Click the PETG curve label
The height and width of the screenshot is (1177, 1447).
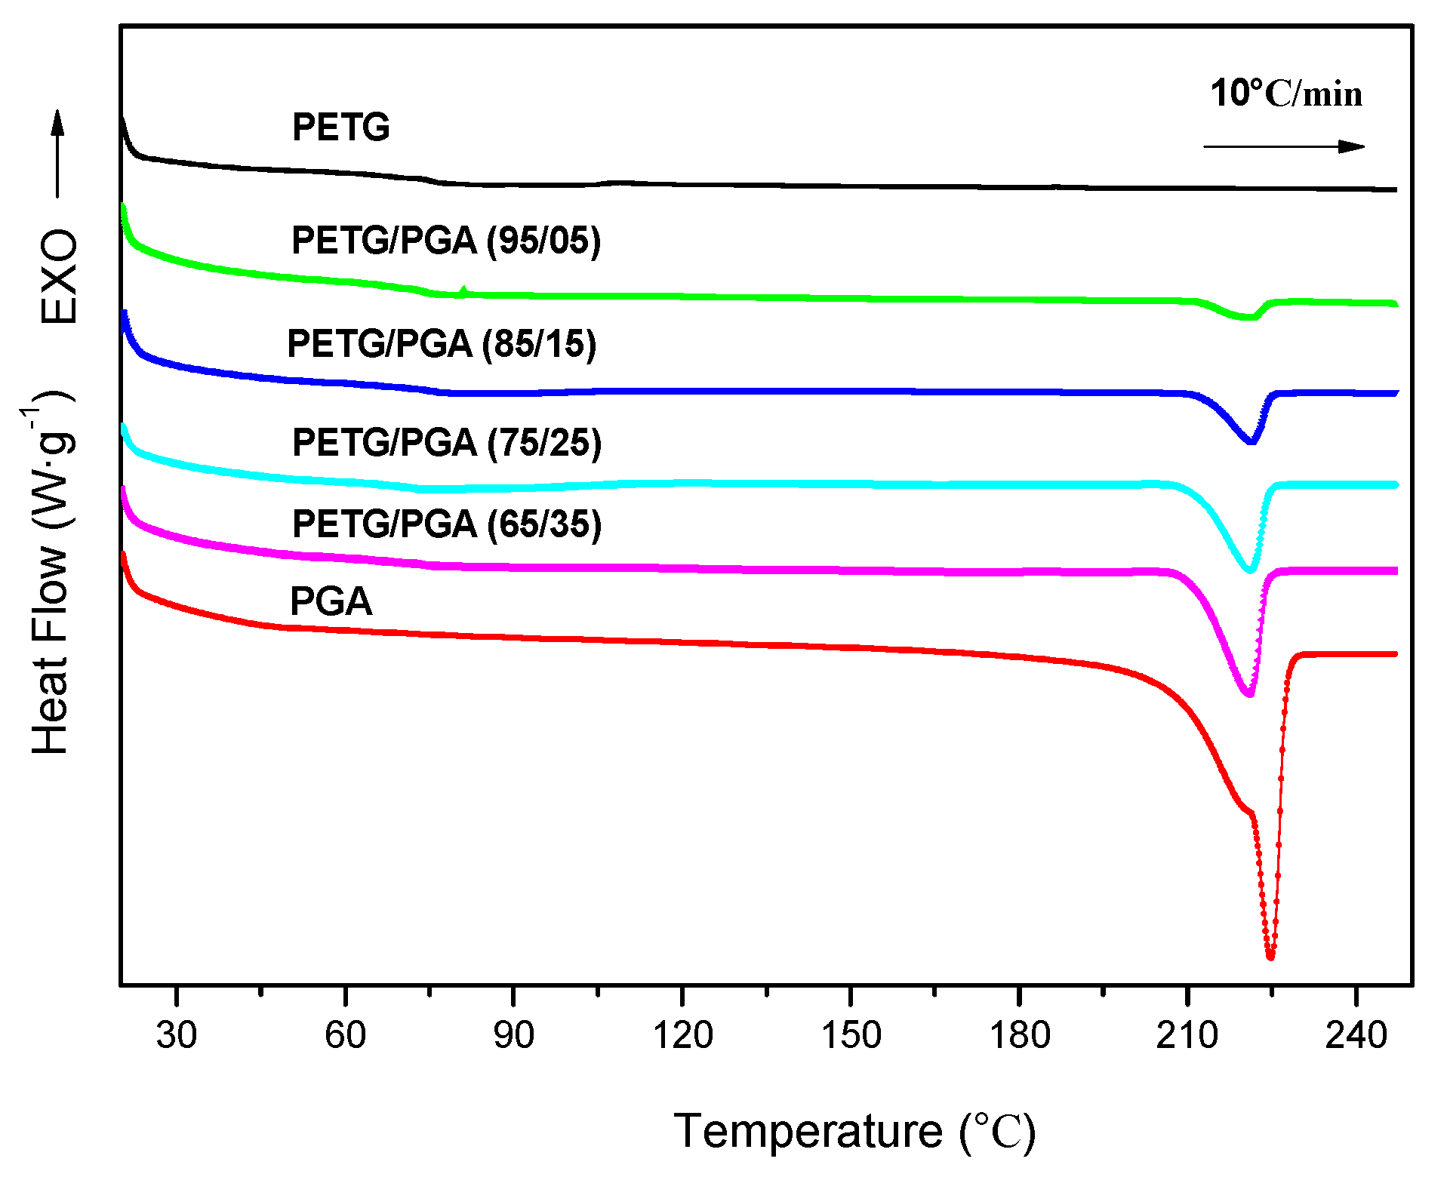(x=340, y=127)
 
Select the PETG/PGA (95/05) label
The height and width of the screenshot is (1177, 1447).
(x=445, y=241)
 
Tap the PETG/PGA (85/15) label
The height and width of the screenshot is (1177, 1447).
(x=442, y=344)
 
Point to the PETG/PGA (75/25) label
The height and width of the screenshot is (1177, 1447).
(x=446, y=442)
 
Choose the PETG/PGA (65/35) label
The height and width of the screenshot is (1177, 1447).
(x=446, y=524)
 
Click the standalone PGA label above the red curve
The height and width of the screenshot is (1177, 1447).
(x=331, y=601)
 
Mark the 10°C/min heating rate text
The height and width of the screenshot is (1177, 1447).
(x=1286, y=94)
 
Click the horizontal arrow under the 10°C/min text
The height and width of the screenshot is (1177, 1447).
(x=1283, y=146)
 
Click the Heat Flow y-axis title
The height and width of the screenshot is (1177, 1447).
(x=50, y=573)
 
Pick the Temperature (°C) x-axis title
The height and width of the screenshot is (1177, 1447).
(x=854, y=1131)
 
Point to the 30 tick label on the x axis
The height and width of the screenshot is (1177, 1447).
(x=176, y=1034)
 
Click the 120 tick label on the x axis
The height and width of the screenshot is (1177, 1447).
(x=682, y=1034)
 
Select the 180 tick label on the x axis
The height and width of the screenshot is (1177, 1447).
(x=1019, y=1034)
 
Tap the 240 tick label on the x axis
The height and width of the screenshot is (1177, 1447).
(x=1356, y=1034)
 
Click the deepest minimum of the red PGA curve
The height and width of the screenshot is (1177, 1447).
(x=1270, y=957)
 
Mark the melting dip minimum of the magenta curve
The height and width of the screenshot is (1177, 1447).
(x=1248, y=693)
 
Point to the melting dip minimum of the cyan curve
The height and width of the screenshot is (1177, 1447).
(x=1249, y=570)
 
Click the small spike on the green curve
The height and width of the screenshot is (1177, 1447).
(x=463, y=289)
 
